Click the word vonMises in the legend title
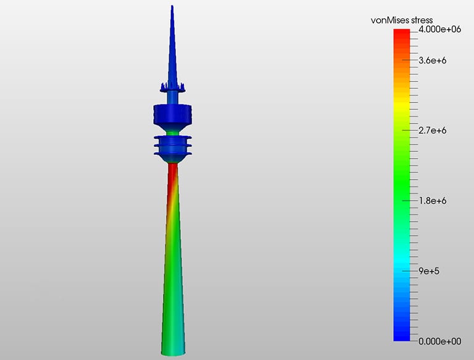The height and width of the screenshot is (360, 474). (x=390, y=20)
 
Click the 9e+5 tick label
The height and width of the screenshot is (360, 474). (x=430, y=271)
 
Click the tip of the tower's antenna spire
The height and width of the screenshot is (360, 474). (x=172, y=7)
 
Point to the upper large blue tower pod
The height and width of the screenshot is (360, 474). (x=173, y=114)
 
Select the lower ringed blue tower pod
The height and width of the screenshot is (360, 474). (x=173, y=147)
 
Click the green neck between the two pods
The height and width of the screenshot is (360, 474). (x=173, y=130)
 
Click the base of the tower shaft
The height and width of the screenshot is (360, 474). (x=173, y=351)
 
